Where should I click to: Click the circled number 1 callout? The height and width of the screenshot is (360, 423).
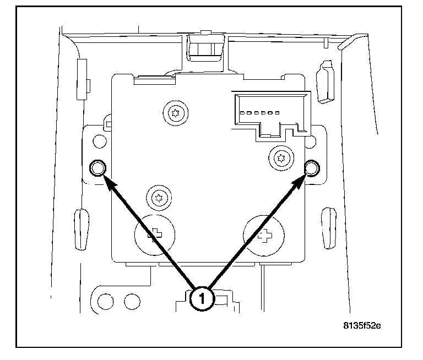202,299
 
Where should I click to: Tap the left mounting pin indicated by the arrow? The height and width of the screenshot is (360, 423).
97,168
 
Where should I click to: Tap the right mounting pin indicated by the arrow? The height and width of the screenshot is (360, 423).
312,167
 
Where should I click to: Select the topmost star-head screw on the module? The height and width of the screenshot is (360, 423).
175,114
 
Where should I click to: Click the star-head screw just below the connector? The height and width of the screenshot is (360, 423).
281,158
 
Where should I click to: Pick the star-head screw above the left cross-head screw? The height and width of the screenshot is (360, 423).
157,198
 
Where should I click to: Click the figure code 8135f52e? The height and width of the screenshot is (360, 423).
362,325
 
